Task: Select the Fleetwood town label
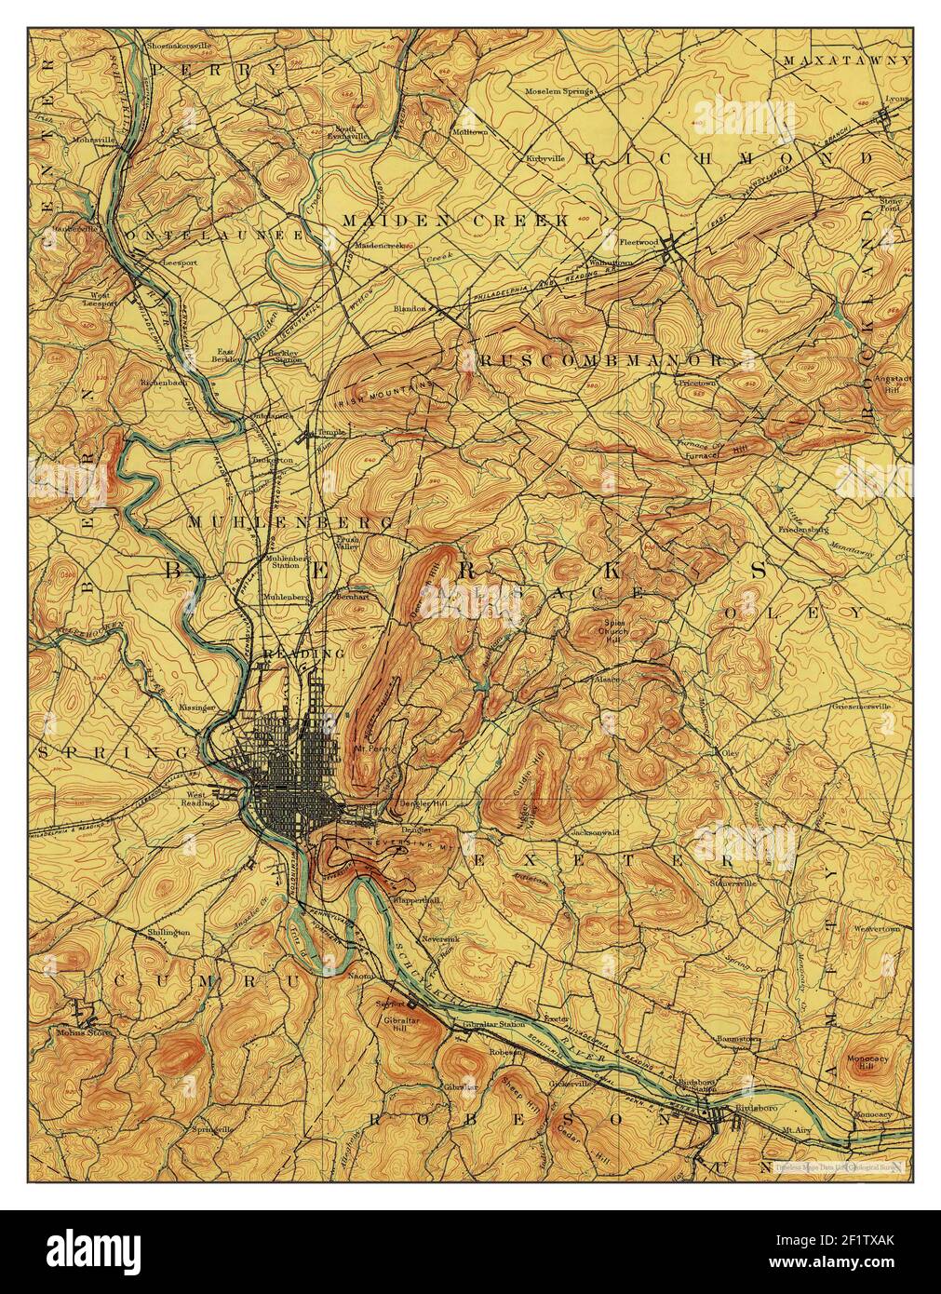point(639,242)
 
